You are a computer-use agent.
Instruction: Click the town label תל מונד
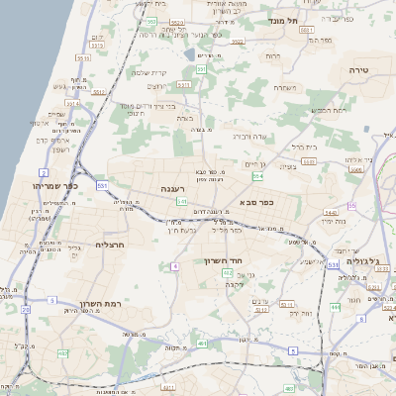(282, 19)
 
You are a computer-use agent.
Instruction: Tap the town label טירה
(358, 70)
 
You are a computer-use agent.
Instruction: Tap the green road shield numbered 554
(257, 176)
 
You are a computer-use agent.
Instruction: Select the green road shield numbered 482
(63, 353)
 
